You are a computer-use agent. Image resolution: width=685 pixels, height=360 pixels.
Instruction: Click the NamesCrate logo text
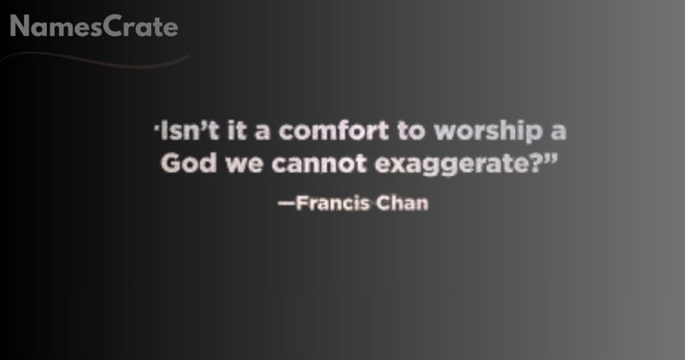point(94,27)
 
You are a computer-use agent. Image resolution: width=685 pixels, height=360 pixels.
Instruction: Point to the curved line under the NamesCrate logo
point(100,62)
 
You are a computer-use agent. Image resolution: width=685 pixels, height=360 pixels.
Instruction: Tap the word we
point(239,166)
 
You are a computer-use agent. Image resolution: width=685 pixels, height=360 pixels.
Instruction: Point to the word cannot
point(312,165)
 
